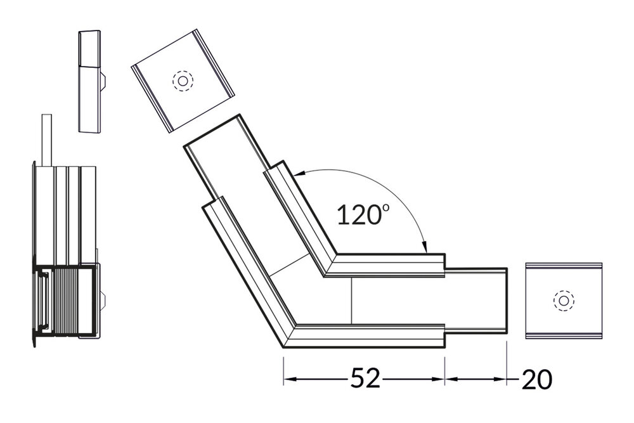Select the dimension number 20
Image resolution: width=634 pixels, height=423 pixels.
(536, 379)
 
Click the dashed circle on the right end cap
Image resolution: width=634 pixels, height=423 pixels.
(562, 301)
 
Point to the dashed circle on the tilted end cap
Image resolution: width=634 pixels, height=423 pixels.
(183, 81)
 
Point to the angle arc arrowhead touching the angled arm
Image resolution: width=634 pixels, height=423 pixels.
(301, 172)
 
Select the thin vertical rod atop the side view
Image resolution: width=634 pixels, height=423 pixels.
(45, 140)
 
